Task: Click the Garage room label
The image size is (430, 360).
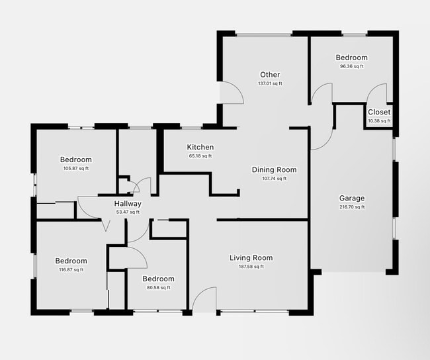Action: pos(352,199)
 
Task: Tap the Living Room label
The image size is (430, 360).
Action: pos(251,258)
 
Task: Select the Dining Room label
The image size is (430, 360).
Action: pos(274,170)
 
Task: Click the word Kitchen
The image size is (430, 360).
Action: pos(200,148)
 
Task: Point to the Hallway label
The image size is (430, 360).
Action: pos(128,204)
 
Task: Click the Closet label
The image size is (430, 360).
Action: pos(379,112)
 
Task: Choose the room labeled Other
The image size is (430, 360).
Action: pos(270,75)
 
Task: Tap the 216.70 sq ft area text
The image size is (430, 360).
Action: pos(352,207)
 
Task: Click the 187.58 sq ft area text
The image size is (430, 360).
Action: pos(251,267)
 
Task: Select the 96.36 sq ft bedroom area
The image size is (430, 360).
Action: pos(351,66)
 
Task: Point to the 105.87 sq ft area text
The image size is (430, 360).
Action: pos(75,168)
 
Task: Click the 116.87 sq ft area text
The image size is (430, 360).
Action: pos(71,269)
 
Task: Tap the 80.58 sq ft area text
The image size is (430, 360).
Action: pos(158,287)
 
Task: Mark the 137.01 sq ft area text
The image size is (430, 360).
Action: pos(270,83)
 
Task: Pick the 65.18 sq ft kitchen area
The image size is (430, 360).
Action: pos(200,156)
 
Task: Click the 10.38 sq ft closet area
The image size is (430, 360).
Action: pos(379,121)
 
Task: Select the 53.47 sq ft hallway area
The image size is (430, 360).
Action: pos(128,212)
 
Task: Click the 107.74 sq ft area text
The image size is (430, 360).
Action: pos(274,179)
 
